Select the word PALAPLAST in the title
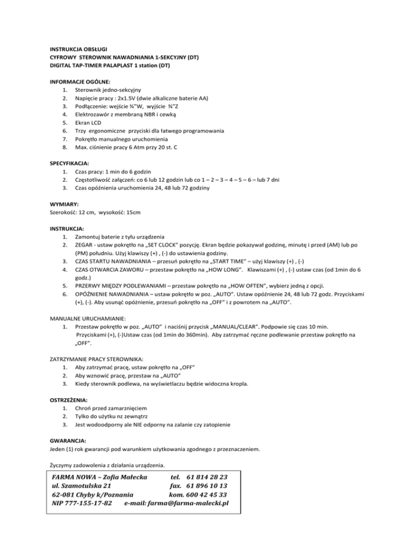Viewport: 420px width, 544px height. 118,66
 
